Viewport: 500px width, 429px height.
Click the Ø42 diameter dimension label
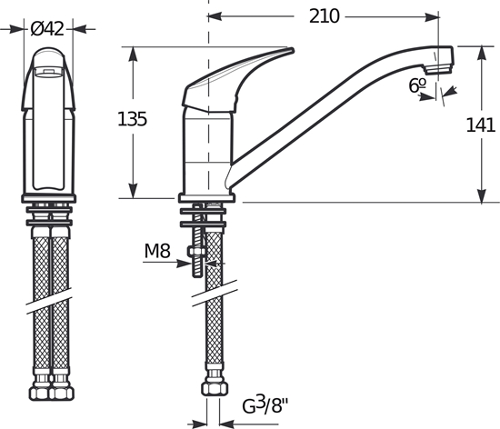coord(47,28)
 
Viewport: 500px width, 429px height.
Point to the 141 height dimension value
coord(479,125)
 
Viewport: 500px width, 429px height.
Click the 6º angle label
coord(418,85)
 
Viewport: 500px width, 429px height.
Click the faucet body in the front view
coord(51,127)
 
